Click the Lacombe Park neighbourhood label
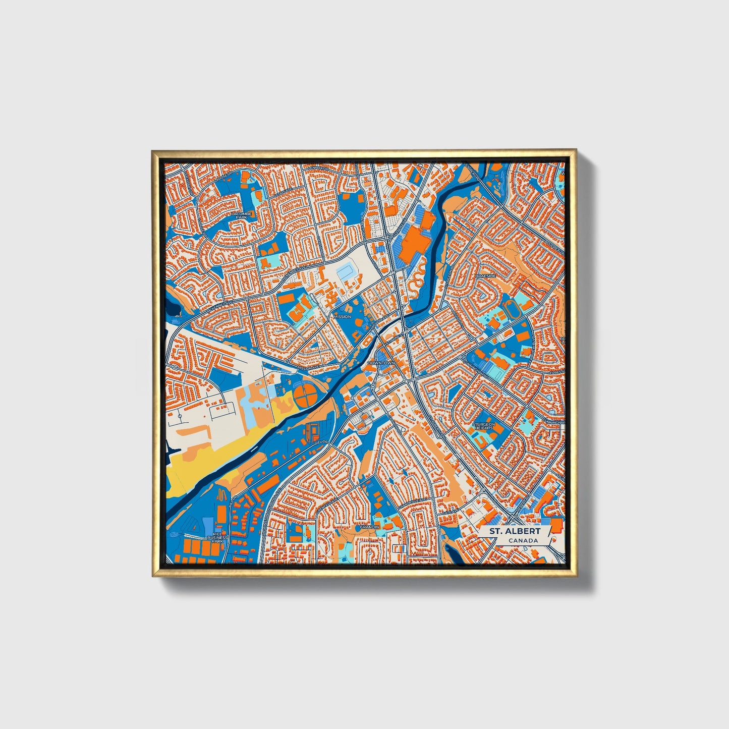tap(238, 215)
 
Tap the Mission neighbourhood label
tap(342, 317)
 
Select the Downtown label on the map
tap(381, 363)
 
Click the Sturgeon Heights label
tap(482, 426)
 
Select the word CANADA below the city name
tap(523, 541)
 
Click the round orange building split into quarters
tap(306, 396)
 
